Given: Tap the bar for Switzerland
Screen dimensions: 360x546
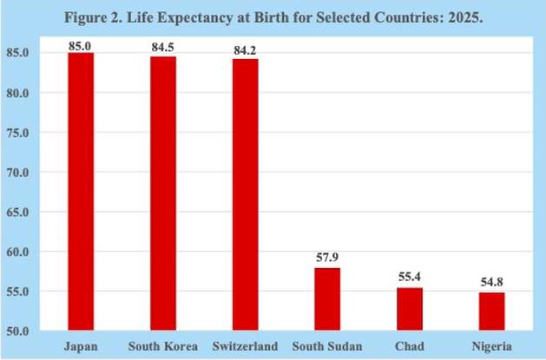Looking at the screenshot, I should tap(245, 194).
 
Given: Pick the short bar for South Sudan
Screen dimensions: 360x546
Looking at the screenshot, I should tap(327, 299).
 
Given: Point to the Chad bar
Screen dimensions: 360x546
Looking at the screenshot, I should tap(410, 309).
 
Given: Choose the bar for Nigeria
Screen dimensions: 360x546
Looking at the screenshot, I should tap(491, 311).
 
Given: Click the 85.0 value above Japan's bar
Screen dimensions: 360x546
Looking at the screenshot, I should tap(81, 45).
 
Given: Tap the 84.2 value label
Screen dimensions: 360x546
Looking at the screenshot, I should tap(245, 51).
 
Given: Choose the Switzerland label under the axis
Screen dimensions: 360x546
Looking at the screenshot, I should tap(245, 347).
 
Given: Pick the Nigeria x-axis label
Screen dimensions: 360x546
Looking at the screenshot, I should tap(491, 347).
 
